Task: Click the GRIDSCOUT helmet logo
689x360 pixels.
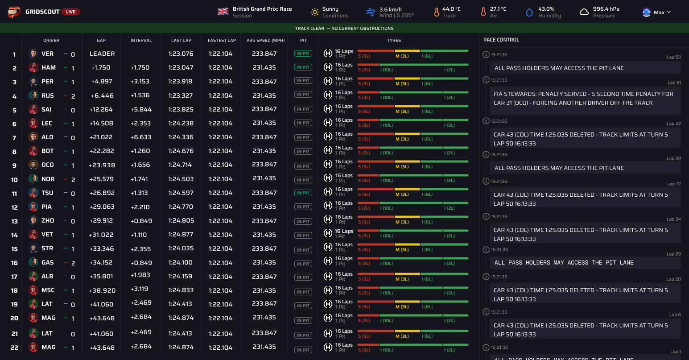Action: click(14, 12)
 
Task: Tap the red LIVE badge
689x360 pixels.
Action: click(70, 12)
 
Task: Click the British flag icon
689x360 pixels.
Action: click(223, 12)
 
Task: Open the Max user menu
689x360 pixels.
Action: click(656, 12)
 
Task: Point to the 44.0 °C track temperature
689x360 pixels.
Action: click(451, 9)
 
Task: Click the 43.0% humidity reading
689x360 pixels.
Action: click(546, 9)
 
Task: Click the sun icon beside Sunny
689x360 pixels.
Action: click(315, 12)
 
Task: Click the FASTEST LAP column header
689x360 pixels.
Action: click(222, 40)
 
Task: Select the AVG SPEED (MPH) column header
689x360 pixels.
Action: click(265, 40)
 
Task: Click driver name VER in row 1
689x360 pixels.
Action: click(47, 54)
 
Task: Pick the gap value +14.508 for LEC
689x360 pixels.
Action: click(102, 123)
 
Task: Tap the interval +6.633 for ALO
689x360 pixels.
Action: click(141, 137)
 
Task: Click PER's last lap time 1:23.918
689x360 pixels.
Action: click(181, 82)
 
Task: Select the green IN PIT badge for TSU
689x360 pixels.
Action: click(303, 193)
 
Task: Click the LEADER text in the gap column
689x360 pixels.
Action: click(102, 54)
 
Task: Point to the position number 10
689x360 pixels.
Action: click(14, 180)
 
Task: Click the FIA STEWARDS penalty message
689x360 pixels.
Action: click(583, 99)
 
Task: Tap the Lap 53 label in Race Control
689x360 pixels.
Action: click(673, 57)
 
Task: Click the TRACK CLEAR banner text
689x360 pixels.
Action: click(344, 28)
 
